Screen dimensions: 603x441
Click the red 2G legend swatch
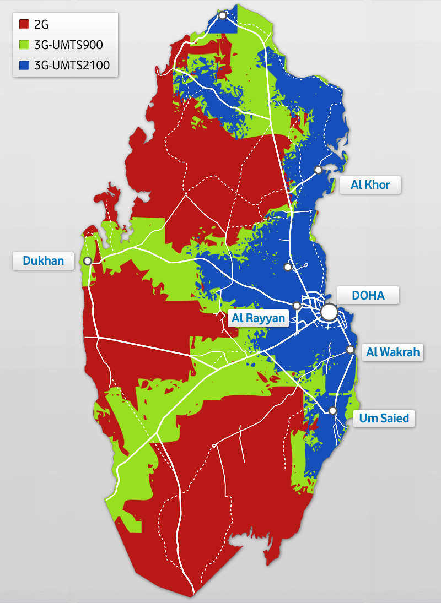[x=24, y=24]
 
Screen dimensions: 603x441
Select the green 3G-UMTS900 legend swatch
[x=24, y=45]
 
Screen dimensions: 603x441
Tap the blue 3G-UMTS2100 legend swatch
[x=24, y=66]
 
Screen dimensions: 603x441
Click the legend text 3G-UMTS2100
[x=72, y=66]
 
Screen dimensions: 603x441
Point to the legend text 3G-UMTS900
[x=68, y=45]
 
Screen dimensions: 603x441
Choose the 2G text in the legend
[x=42, y=24]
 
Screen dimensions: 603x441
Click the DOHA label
[x=368, y=295]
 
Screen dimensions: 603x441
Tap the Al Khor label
[x=370, y=184]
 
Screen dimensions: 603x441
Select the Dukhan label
[x=43, y=260]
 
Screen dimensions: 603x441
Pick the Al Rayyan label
[x=259, y=318]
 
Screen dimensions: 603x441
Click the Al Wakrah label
[x=392, y=352]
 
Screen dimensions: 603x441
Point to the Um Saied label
[x=384, y=418]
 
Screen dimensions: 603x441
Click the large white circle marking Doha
[x=329, y=312]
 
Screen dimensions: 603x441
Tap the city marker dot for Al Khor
[x=318, y=170]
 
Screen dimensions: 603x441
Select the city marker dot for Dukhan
[x=87, y=260]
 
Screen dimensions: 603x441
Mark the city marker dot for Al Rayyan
[x=297, y=305]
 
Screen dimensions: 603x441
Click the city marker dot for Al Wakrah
[x=350, y=349]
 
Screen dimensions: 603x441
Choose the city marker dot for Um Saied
[x=332, y=410]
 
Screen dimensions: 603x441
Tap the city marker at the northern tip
[x=222, y=15]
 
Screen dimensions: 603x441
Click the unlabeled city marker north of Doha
[x=287, y=267]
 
